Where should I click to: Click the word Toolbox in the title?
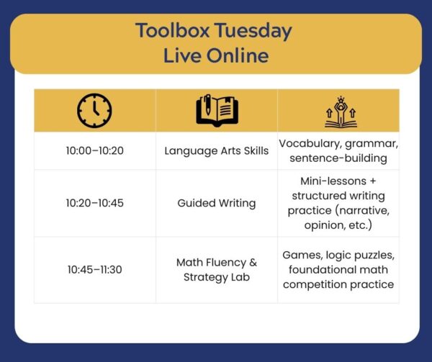(173, 30)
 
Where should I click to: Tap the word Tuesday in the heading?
(253, 31)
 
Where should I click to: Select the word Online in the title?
(238, 55)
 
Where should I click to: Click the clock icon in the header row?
(94, 111)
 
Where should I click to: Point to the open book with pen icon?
(217, 110)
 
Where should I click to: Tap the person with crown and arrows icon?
(341, 112)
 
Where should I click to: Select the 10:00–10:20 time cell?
(95, 150)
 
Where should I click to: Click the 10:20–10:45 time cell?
(95, 203)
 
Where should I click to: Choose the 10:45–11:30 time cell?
(95, 269)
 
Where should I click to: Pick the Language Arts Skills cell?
(217, 151)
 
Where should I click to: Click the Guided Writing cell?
(217, 204)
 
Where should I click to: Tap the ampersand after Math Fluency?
(253, 263)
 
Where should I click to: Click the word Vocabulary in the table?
(310, 144)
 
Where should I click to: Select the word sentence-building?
(338, 158)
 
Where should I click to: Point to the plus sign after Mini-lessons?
(373, 181)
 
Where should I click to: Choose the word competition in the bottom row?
(311, 284)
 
